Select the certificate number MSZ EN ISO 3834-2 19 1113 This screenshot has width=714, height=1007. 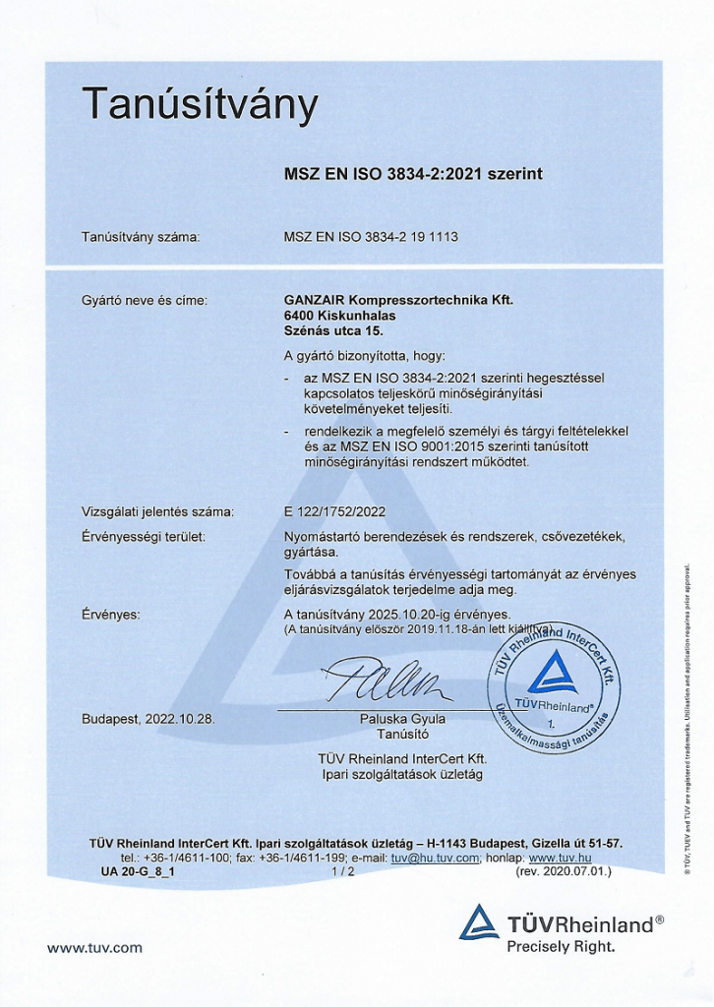pyautogui.click(x=371, y=237)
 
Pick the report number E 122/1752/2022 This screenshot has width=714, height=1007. pyautogui.click(x=334, y=511)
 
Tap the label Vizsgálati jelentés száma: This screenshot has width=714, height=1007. pyautogui.click(x=157, y=511)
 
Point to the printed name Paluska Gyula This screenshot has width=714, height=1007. pyautogui.click(x=402, y=719)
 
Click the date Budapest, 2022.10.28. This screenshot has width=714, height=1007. pyautogui.click(x=149, y=719)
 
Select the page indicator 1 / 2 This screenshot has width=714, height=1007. pyautogui.click(x=343, y=871)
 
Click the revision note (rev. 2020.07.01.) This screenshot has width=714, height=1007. pyautogui.click(x=564, y=871)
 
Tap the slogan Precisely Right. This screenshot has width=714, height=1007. pyautogui.click(x=561, y=947)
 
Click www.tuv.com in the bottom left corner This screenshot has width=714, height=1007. pyautogui.click(x=94, y=948)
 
